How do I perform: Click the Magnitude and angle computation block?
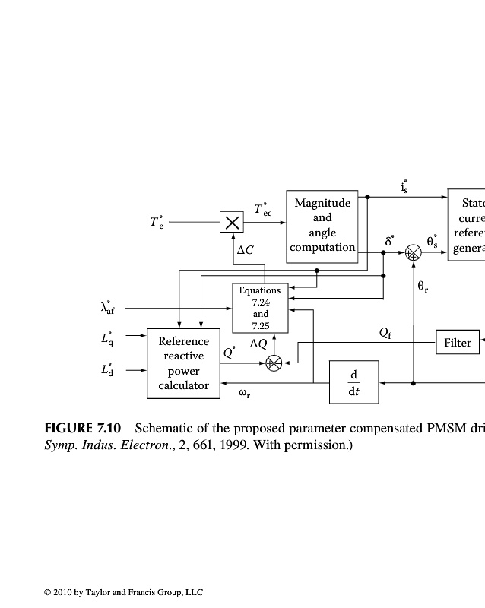pyautogui.click(x=322, y=226)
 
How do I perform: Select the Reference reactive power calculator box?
pyautogui.click(x=183, y=363)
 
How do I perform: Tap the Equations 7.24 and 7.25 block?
pyautogui.click(x=260, y=308)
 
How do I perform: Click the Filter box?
pyautogui.click(x=458, y=343)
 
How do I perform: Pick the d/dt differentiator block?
pyautogui.click(x=353, y=382)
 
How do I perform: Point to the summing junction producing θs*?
pyautogui.click(x=413, y=253)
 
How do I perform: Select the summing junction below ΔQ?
pyautogui.click(x=274, y=363)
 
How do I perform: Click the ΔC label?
pyautogui.click(x=246, y=249)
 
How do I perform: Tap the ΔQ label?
pyautogui.click(x=258, y=344)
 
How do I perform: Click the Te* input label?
pyautogui.click(x=156, y=222)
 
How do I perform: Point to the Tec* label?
pyautogui.click(x=262, y=209)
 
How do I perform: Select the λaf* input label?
pyautogui.click(x=110, y=307)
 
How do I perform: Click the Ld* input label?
pyautogui.click(x=109, y=370)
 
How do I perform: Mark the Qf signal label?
pyautogui.click(x=385, y=333)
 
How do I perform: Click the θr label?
pyautogui.click(x=423, y=287)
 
